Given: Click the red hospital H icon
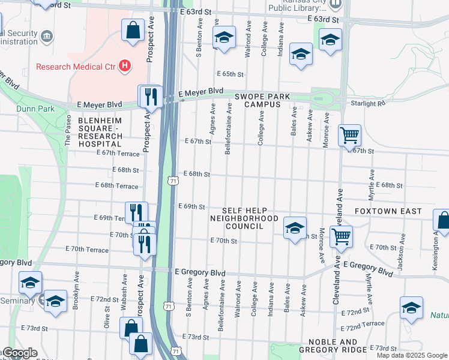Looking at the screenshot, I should tap(125, 66).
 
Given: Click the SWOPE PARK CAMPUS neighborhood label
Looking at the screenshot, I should tap(262, 100).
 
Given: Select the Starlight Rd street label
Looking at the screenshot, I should tap(369, 104).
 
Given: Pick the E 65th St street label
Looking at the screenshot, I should tap(232, 74).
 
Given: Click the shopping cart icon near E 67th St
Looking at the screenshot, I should tap(349, 136).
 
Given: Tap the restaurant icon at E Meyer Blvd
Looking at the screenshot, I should tap(150, 97).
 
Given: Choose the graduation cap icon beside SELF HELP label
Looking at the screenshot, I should tap(295, 229).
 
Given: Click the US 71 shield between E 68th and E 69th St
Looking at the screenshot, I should tap(173, 180).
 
